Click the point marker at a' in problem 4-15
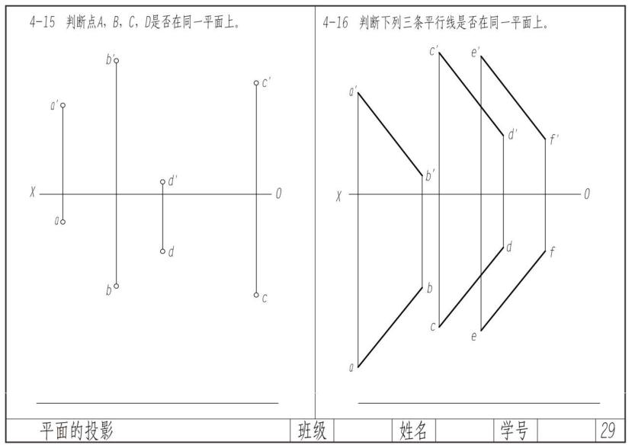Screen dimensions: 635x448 [x=63, y=105]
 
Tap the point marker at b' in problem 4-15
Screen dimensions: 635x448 [x=116, y=60]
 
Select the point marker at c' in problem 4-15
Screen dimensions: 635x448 [x=256, y=83]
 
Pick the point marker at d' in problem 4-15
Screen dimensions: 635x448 [x=162, y=182]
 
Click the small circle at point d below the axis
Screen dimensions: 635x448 [x=162, y=251]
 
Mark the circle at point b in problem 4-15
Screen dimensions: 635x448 [x=116, y=286]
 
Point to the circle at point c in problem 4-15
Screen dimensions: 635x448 [x=256, y=295]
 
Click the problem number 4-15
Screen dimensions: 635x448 [x=43, y=23]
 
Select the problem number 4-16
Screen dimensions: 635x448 [x=335, y=23]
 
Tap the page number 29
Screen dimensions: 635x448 [x=608, y=431]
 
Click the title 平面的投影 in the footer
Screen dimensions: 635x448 [x=77, y=431]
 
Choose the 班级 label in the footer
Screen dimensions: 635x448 [x=312, y=431]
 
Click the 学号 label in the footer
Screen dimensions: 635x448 [x=515, y=431]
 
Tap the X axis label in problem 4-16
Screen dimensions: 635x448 [x=339, y=196]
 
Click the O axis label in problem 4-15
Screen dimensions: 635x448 [x=278, y=194]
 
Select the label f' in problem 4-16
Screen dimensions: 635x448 [x=554, y=139]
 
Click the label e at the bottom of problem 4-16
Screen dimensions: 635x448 [x=473, y=336]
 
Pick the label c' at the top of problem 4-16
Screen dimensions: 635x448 [x=433, y=51]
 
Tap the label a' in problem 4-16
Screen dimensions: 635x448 [x=353, y=92]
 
